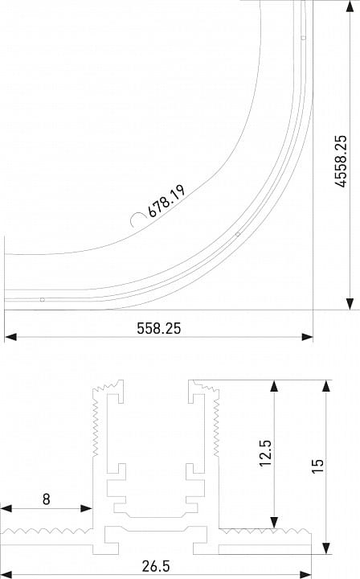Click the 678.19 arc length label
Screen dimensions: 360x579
point(166,201)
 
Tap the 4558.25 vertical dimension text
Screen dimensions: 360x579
point(341,162)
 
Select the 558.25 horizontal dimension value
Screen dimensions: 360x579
point(159,328)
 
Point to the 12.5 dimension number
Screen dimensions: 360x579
point(265,453)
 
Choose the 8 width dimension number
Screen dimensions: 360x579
point(46,499)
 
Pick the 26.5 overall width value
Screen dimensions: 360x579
point(157,566)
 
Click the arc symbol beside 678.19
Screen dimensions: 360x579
point(136,220)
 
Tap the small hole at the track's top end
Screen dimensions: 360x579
point(303,38)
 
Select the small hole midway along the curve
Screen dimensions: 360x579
point(238,234)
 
